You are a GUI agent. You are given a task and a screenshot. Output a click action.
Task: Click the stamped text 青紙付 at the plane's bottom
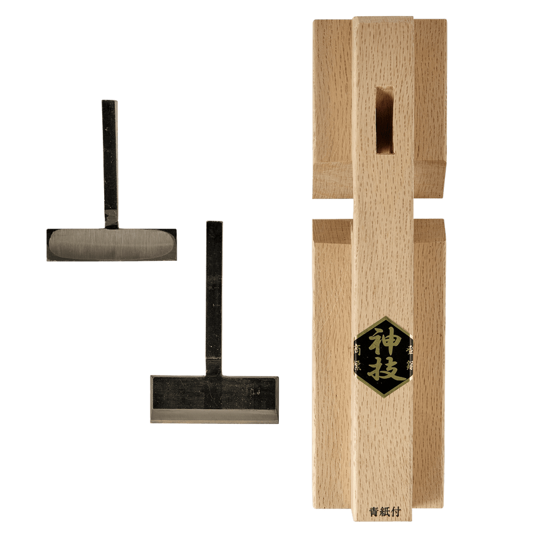coord(382,513)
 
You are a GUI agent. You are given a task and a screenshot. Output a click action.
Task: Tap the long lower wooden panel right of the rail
coord(430,372)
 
